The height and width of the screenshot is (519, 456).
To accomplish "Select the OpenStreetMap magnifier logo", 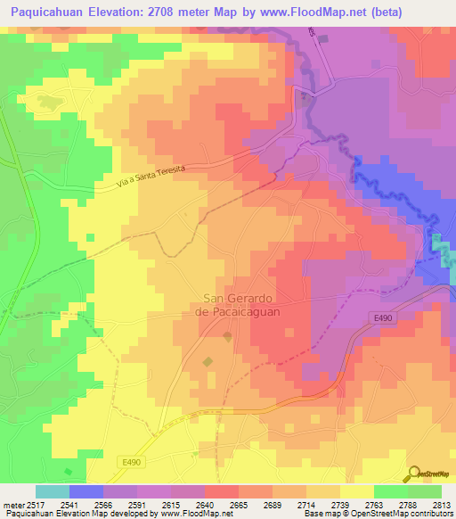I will [414, 474].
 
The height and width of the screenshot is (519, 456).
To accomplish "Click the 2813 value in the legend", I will [442, 504].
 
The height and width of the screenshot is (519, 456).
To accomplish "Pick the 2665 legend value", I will [239, 504].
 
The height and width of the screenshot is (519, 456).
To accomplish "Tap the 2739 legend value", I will [340, 504].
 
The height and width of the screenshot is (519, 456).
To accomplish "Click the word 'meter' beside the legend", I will [12, 504].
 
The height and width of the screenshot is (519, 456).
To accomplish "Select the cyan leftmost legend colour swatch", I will [53, 491].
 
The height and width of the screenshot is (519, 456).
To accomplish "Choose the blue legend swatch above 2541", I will [86, 491].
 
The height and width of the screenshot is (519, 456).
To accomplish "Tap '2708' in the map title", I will [185, 12].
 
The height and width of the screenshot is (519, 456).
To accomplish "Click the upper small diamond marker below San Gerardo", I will [226, 336].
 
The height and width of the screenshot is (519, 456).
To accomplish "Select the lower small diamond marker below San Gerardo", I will [208, 361].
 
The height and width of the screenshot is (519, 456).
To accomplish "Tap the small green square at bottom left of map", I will [68, 472].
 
